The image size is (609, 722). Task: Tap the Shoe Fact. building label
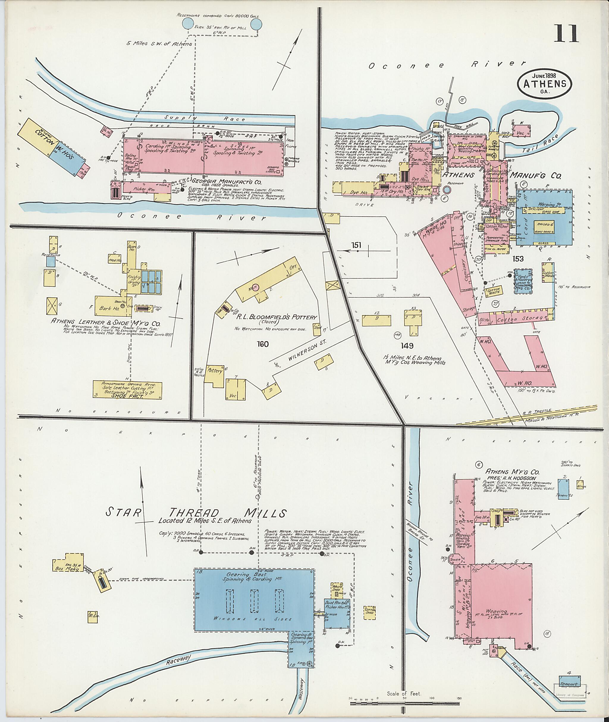coord(127,396)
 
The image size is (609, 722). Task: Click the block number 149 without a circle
coord(407,345)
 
